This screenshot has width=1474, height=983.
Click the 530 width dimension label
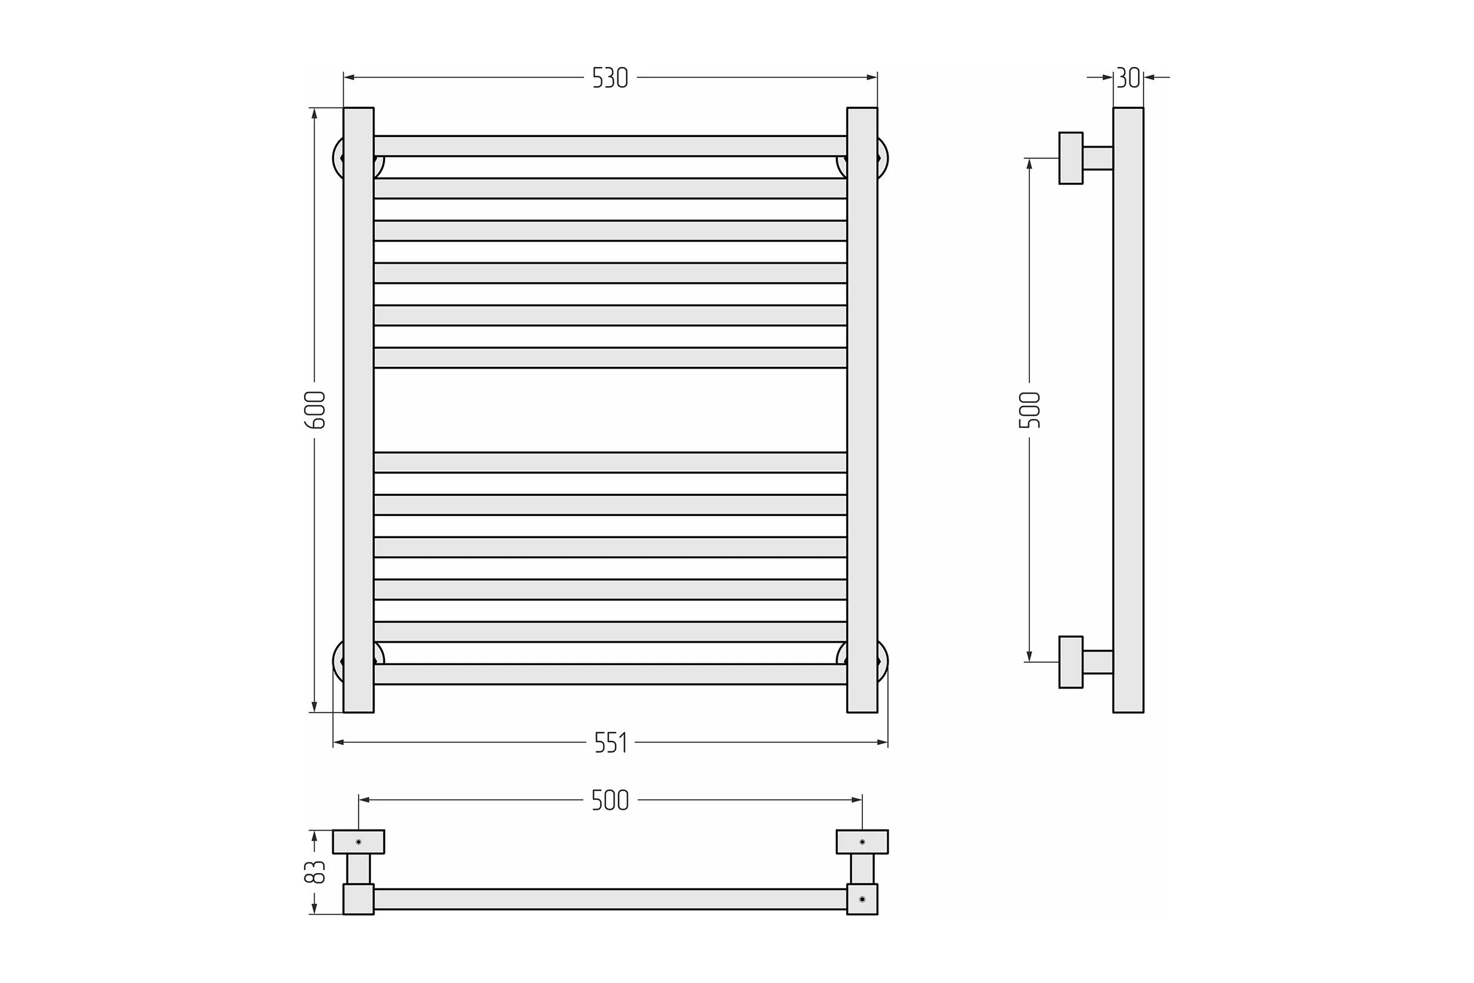[610, 78]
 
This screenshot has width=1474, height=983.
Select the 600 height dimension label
[315, 409]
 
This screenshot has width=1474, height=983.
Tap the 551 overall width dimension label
[610, 743]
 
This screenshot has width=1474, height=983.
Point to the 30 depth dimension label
[1128, 78]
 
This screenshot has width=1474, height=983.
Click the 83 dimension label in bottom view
[315, 871]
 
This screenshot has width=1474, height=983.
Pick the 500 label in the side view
[1030, 409]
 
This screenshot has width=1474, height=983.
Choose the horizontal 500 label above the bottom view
[610, 800]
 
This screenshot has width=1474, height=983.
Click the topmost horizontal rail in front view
[610, 146]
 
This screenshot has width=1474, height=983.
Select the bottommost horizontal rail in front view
[610, 674]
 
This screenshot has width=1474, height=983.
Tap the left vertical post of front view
[359, 410]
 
